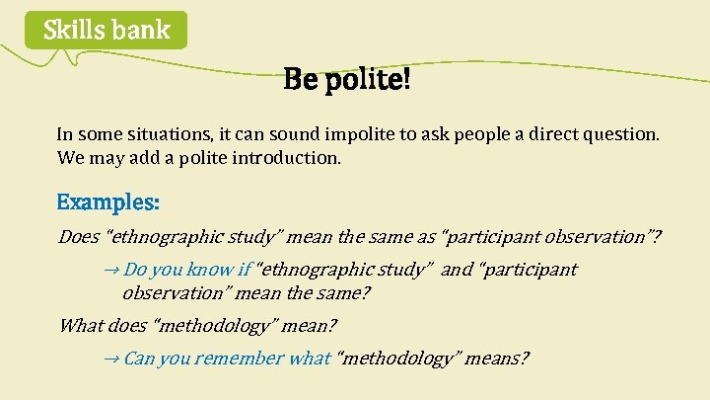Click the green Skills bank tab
(x=106, y=31)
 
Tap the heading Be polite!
(x=346, y=78)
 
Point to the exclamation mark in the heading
(x=405, y=78)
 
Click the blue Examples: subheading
(x=108, y=202)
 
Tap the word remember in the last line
(x=239, y=359)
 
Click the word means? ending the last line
(x=500, y=359)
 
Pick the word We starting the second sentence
(x=69, y=157)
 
